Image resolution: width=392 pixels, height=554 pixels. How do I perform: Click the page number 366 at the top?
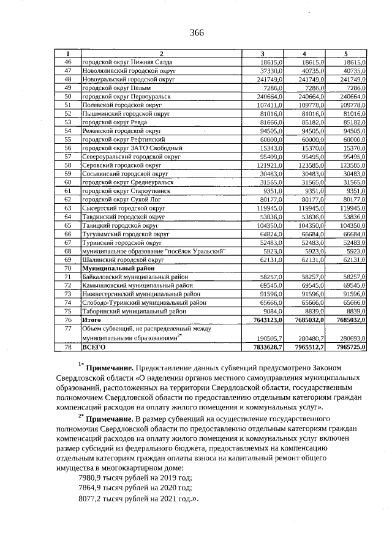pyautogui.click(x=197, y=32)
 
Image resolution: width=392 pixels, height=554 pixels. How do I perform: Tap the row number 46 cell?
pyautogui.click(x=68, y=62)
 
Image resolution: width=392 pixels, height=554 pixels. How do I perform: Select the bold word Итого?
pyautogui.click(x=91, y=319)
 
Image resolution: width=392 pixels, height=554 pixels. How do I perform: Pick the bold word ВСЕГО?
pyautogui.click(x=93, y=347)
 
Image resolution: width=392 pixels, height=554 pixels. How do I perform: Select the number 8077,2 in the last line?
pyautogui.click(x=91, y=498)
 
